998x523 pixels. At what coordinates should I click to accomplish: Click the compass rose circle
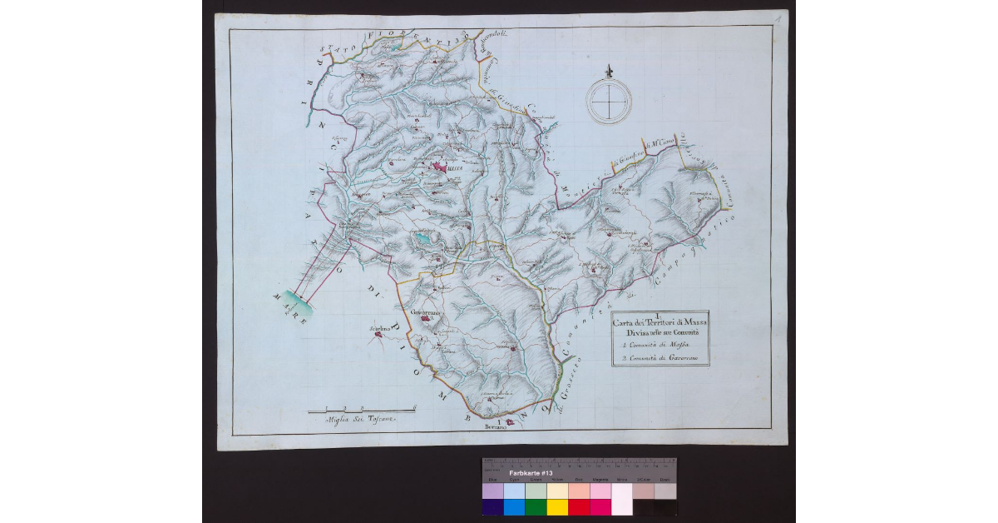click(x=609, y=101)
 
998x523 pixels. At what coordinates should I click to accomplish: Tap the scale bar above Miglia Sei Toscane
click(x=361, y=411)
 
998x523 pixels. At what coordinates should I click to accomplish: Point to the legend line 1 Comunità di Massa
click(x=650, y=346)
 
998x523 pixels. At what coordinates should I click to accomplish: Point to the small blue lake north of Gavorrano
click(x=423, y=240)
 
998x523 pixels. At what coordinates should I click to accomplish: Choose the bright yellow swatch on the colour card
click(x=556, y=507)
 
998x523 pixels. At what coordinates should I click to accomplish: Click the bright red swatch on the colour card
click(x=578, y=507)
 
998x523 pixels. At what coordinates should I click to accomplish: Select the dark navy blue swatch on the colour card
click(x=492, y=507)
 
